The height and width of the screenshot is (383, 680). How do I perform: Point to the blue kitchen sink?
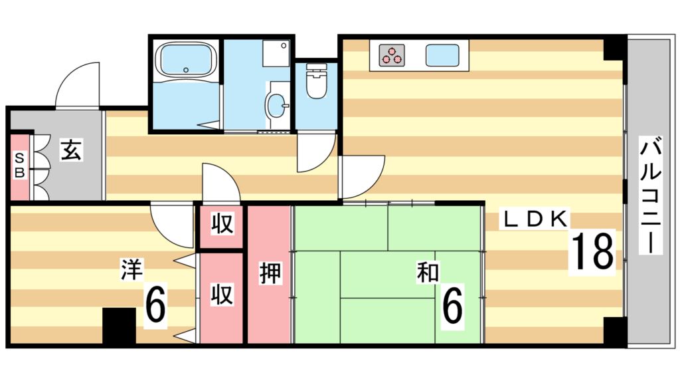click(x=443, y=55)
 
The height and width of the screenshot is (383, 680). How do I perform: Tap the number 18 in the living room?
click(x=592, y=251)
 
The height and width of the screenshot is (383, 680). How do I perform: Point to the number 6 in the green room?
click(x=452, y=305)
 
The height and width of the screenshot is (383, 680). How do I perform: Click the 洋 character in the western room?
click(x=129, y=269)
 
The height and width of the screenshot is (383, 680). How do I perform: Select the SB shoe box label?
click(x=20, y=165)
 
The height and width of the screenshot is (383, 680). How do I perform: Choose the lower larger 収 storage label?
click(x=222, y=295)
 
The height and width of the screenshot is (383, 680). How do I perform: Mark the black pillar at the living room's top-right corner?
click(x=614, y=49)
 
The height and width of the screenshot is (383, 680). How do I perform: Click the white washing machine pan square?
click(x=276, y=53)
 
